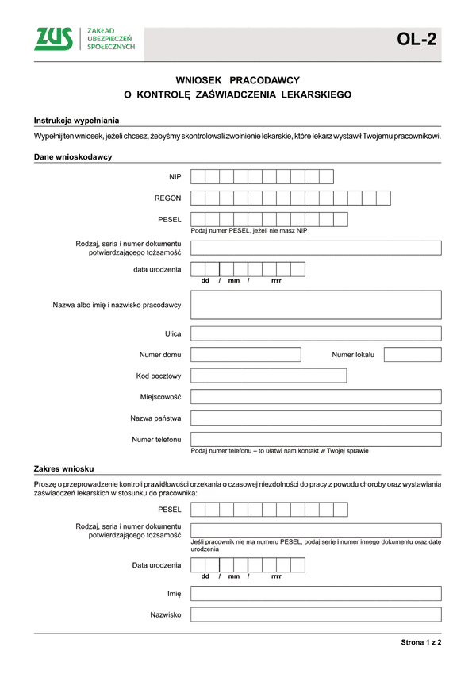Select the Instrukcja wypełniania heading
pyautogui.click(x=76, y=120)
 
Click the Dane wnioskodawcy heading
pyautogui.click(x=73, y=156)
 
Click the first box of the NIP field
pyautogui.click(x=198, y=176)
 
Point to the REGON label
pyautogui.click(x=168, y=198)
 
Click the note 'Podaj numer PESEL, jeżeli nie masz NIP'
pyautogui.click(x=248, y=231)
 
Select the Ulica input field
pyautogui.click(x=316, y=334)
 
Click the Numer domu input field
pyautogui.click(x=246, y=355)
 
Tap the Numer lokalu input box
pyautogui.click(x=413, y=355)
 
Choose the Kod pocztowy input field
pyautogui.click(x=268, y=376)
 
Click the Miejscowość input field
pyautogui.click(x=316, y=396)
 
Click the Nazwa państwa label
pyautogui.click(x=156, y=418)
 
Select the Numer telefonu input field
pyautogui.click(x=316, y=439)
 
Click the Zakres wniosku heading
pyautogui.click(x=64, y=469)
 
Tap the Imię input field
pyautogui.click(x=316, y=593)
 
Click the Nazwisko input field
pyautogui.click(x=316, y=614)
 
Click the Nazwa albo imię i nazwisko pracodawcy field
pyautogui.click(x=316, y=305)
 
